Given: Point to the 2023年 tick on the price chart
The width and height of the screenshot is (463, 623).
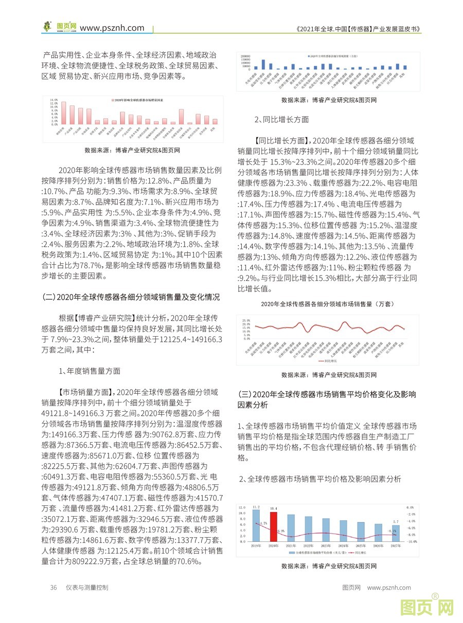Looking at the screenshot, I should click(326, 545).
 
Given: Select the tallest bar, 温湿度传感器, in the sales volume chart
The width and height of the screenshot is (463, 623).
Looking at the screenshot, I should click(263, 64).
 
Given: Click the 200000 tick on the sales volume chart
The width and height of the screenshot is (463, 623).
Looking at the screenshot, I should click(245, 54).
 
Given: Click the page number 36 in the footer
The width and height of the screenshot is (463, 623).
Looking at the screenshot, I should click(54, 588).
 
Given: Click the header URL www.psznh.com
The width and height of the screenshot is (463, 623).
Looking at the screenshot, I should click(112, 28).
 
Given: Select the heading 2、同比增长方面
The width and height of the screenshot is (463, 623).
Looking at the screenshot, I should click(282, 119).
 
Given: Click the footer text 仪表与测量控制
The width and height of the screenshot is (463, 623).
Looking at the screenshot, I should click(87, 588).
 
